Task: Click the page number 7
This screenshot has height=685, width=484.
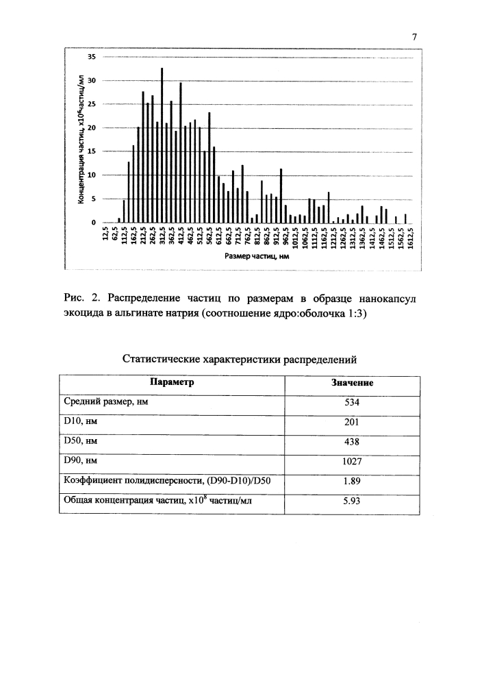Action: pyautogui.click(x=415, y=37)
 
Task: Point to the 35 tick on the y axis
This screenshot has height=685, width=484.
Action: pyautogui.click(x=93, y=57)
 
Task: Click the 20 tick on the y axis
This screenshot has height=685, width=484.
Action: pyautogui.click(x=93, y=128)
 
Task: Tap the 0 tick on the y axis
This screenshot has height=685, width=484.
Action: pyautogui.click(x=95, y=223)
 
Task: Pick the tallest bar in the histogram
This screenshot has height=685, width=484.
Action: pyautogui.click(x=162, y=145)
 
